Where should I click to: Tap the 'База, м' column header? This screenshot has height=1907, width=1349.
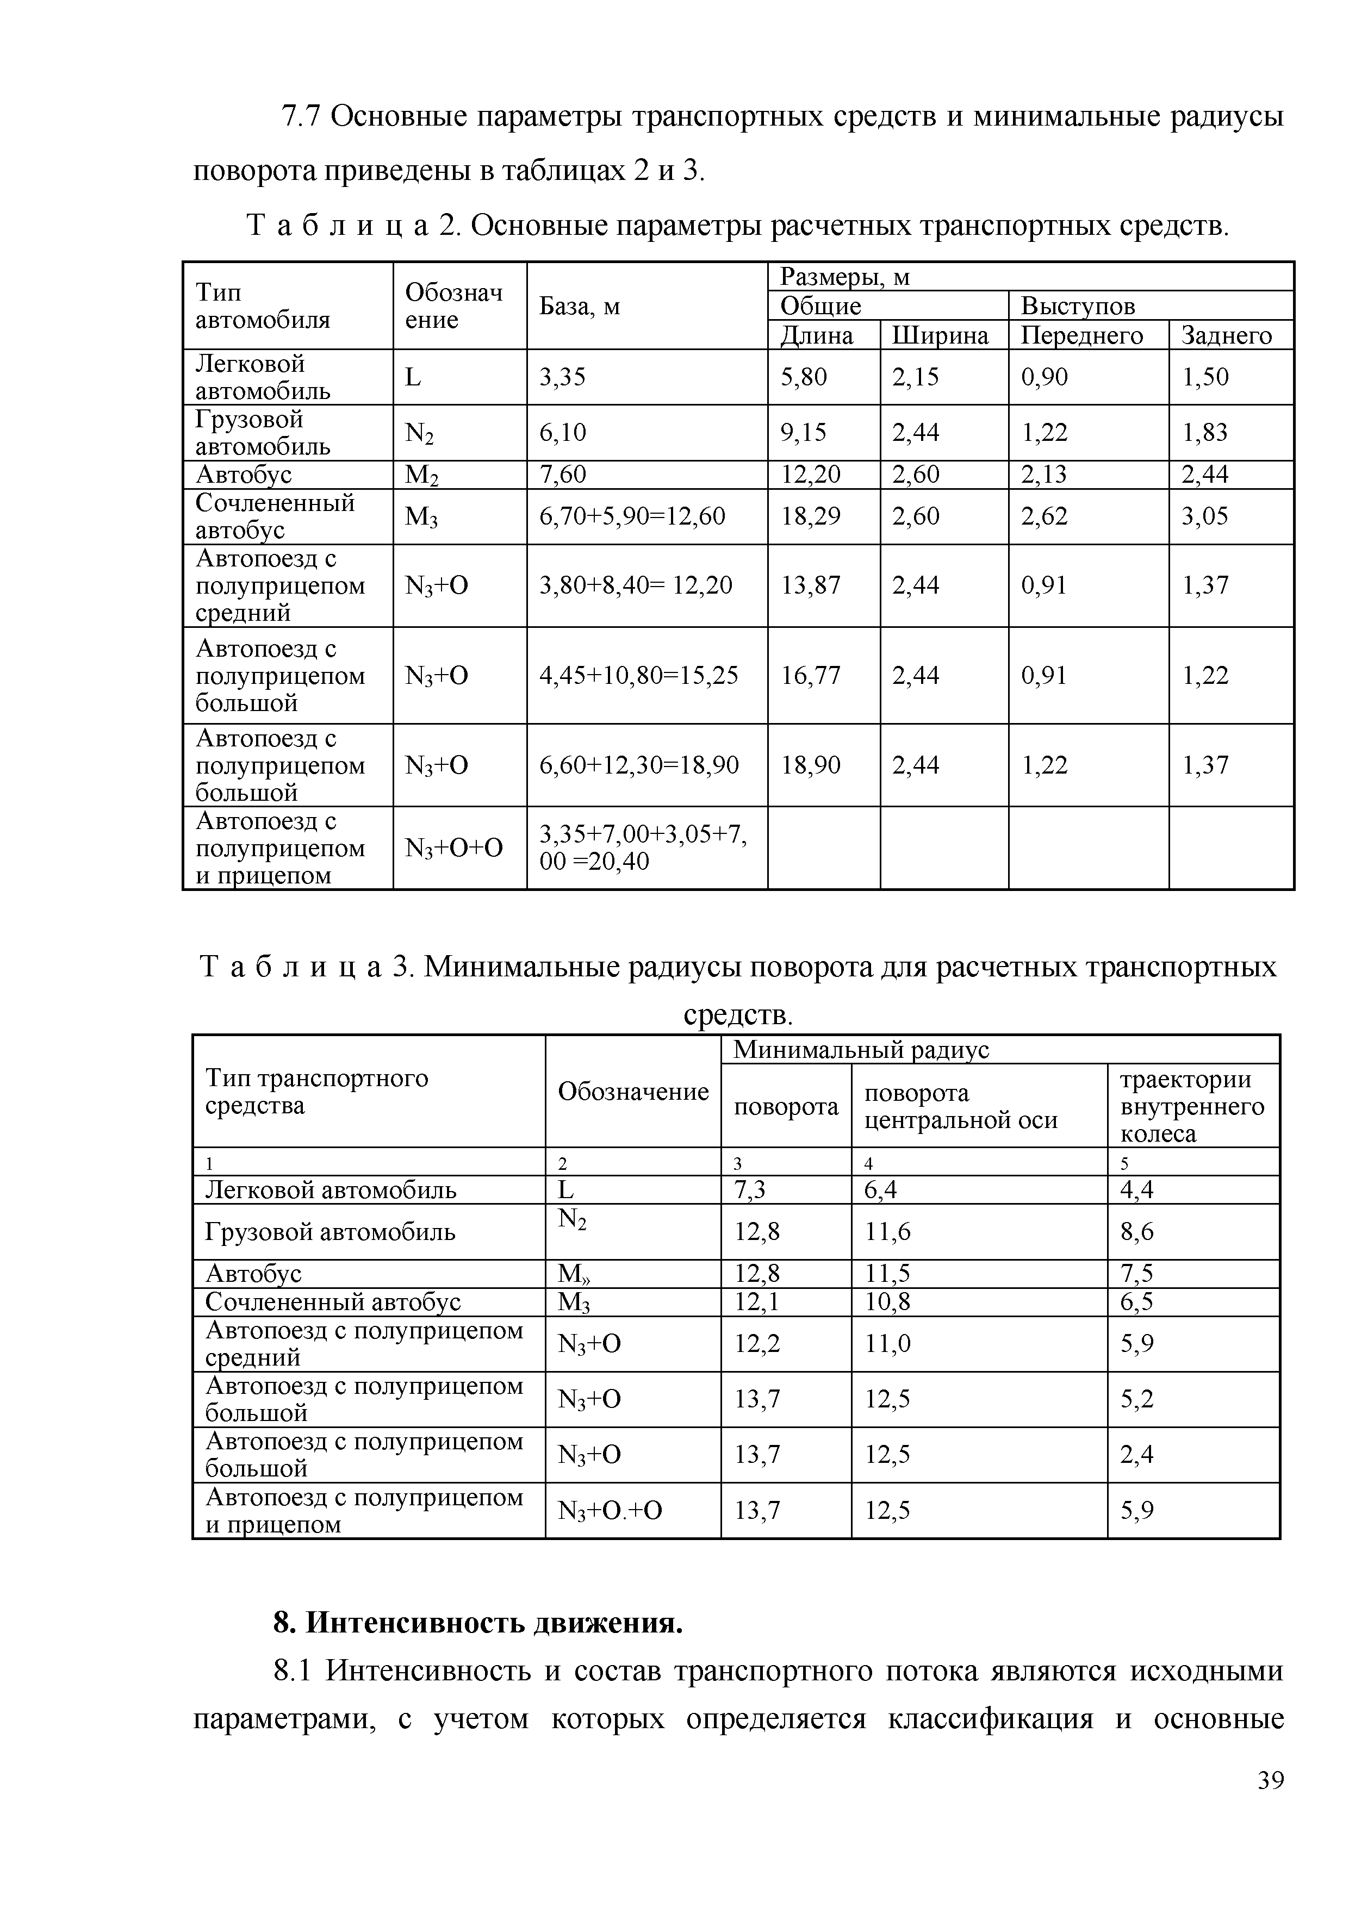point(579,307)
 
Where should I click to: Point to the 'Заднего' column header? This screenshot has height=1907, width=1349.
point(1226,335)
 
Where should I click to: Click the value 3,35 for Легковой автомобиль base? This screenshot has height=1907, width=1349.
point(562,377)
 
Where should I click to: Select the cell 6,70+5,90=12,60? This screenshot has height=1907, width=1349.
point(632,516)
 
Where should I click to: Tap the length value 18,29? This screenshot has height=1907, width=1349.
point(811,516)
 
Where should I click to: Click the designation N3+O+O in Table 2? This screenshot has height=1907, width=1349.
point(453,848)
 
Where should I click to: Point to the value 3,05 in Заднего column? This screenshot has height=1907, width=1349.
point(1204,516)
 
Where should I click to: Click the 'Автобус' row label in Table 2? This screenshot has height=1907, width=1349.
point(244,474)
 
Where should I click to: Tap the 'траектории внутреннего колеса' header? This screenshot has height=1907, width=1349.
point(1191,1106)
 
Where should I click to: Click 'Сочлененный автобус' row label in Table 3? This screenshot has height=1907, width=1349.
point(332,1301)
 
